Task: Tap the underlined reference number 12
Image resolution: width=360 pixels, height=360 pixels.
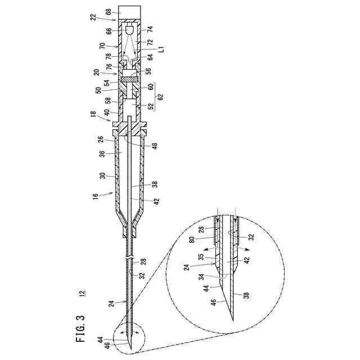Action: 82,293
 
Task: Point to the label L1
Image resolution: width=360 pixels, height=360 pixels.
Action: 161,51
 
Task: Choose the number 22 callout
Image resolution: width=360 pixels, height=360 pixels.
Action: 93,17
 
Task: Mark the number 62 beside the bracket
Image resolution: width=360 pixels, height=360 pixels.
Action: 161,97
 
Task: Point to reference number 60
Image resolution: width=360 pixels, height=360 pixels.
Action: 151,87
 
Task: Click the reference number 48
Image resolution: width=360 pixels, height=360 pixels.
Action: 155,146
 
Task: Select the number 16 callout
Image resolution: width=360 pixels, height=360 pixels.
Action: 94,196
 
